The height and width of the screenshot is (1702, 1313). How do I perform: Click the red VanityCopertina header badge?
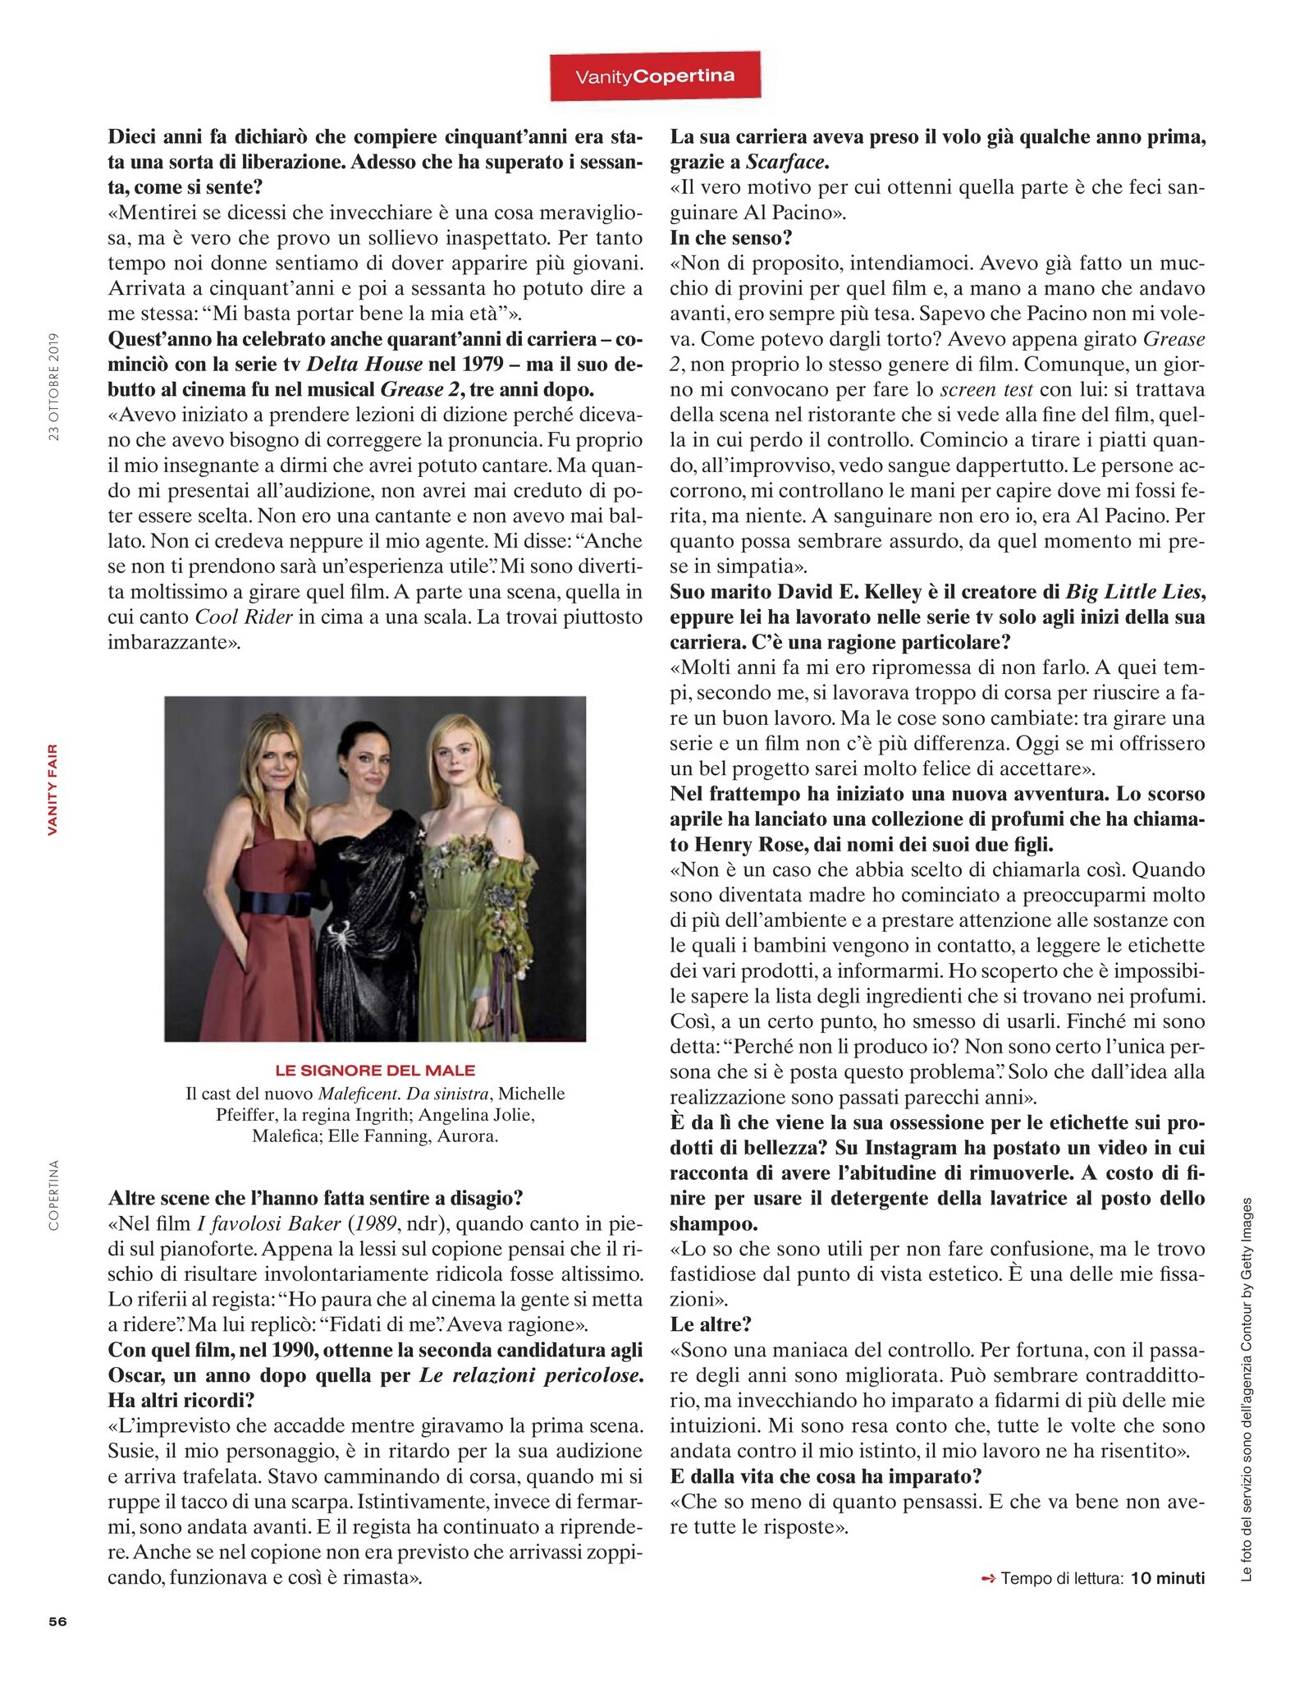click(x=655, y=76)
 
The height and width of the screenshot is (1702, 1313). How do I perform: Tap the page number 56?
click(x=57, y=1622)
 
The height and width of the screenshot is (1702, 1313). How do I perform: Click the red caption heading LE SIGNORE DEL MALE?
click(x=375, y=1070)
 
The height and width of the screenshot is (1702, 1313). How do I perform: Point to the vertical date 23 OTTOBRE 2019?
click(x=54, y=387)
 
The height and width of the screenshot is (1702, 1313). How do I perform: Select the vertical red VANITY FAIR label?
click(x=53, y=789)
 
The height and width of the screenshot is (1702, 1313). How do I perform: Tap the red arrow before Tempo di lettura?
click(x=988, y=1578)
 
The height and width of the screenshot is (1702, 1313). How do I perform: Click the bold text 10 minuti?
click(x=1167, y=1578)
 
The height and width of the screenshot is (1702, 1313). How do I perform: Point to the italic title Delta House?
click(x=364, y=364)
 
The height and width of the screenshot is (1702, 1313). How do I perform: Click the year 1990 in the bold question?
click(x=296, y=1350)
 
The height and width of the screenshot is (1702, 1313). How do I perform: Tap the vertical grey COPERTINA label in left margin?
click(x=54, y=1195)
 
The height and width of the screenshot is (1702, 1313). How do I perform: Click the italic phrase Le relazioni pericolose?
click(x=530, y=1375)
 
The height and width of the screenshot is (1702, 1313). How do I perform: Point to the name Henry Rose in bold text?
click(x=746, y=844)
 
